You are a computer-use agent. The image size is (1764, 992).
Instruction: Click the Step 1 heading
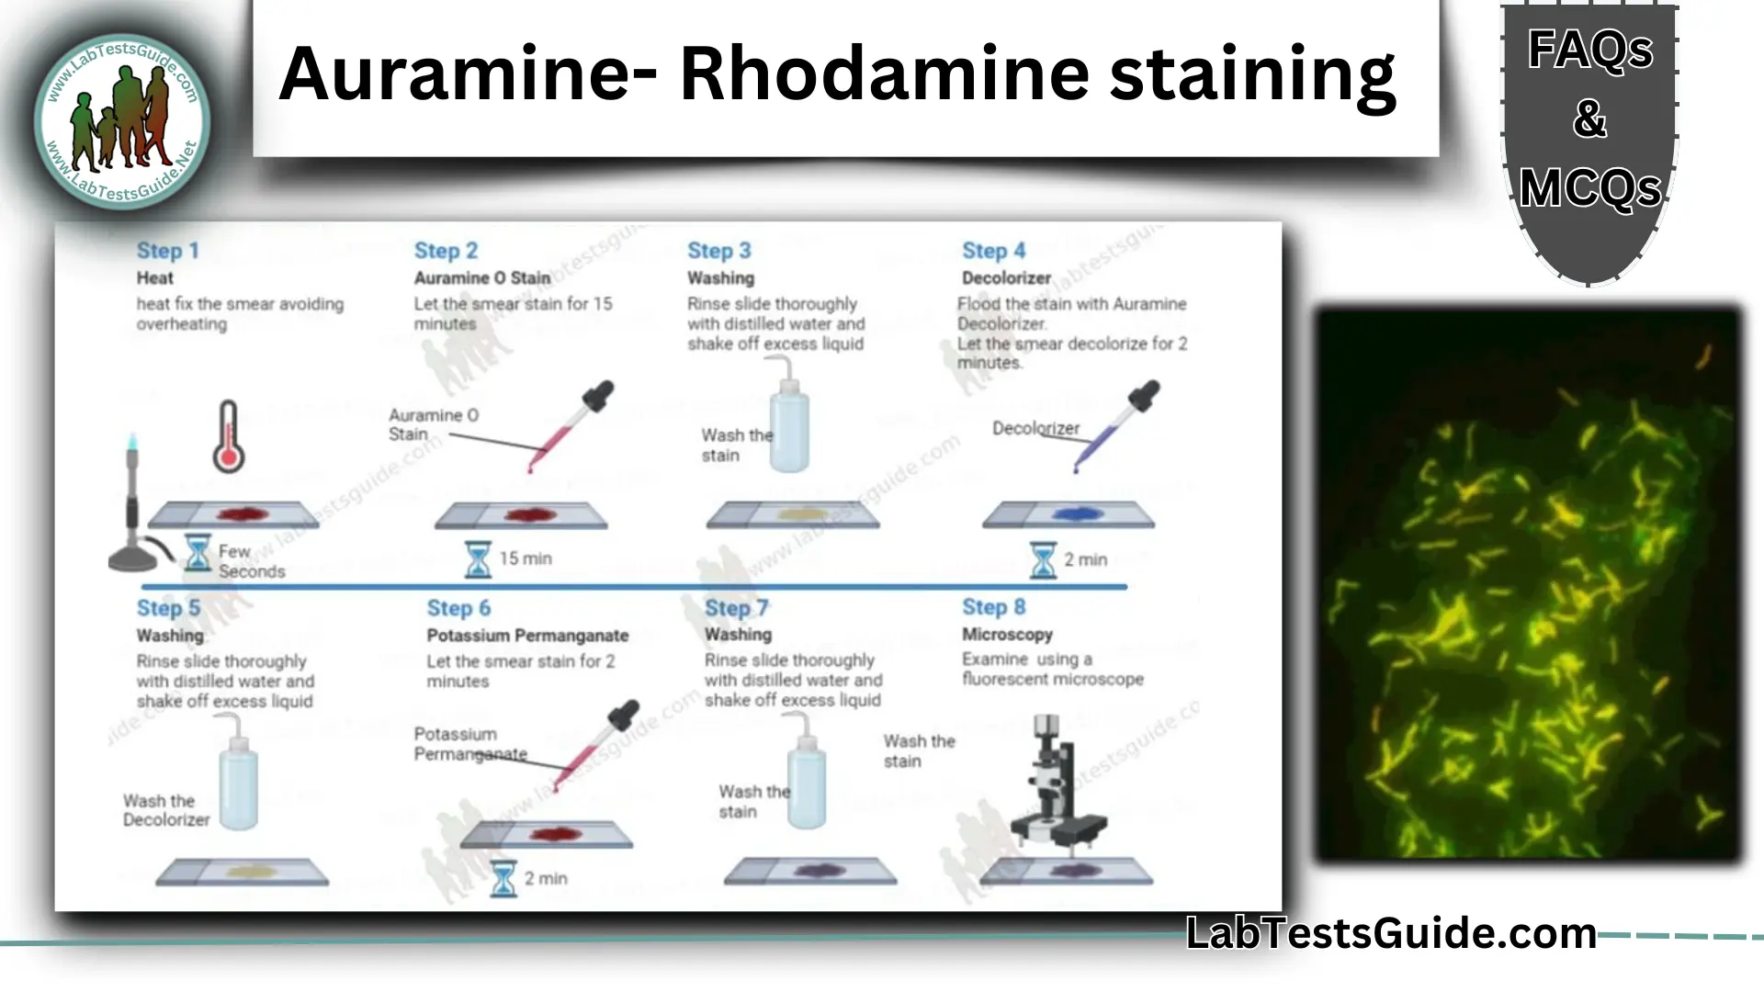point(167,251)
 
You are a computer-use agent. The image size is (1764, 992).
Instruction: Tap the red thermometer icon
point(228,437)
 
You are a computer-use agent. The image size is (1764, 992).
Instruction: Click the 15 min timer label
point(525,558)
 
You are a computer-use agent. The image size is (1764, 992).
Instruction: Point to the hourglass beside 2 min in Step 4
point(1043,559)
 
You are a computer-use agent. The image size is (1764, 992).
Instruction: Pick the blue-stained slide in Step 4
point(1068,514)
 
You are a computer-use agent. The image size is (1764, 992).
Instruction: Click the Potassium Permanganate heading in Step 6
point(527,636)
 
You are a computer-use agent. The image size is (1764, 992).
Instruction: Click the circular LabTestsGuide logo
point(122,121)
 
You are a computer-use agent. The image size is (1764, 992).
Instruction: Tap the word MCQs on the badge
point(1589,189)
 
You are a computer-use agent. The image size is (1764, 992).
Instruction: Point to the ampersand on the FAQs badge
point(1589,119)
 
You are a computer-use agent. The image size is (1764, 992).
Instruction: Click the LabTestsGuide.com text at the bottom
point(1391,933)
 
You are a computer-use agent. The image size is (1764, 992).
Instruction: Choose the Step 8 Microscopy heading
point(1007,635)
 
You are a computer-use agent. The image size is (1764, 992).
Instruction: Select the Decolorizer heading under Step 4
point(1006,278)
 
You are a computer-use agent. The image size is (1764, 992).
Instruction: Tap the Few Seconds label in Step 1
point(251,561)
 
